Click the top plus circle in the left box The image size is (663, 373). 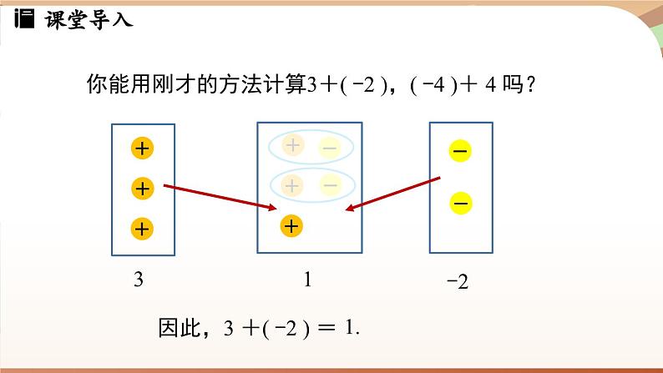[x=143, y=149]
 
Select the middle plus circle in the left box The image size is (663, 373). [x=143, y=189]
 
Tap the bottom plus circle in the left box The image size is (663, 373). [x=143, y=228]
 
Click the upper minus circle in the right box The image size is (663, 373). [x=461, y=151]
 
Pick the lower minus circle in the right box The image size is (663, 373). [x=461, y=203]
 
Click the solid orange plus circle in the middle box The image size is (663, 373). [x=291, y=225]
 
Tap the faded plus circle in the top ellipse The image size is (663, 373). [x=292, y=146]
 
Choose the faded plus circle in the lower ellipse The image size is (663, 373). [x=292, y=184]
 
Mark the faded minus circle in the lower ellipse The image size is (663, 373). [x=329, y=185]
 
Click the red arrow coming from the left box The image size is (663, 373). [x=221, y=197]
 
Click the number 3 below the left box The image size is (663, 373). [x=139, y=281]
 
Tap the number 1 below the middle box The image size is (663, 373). [x=308, y=280]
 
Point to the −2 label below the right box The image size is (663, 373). [x=458, y=283]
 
